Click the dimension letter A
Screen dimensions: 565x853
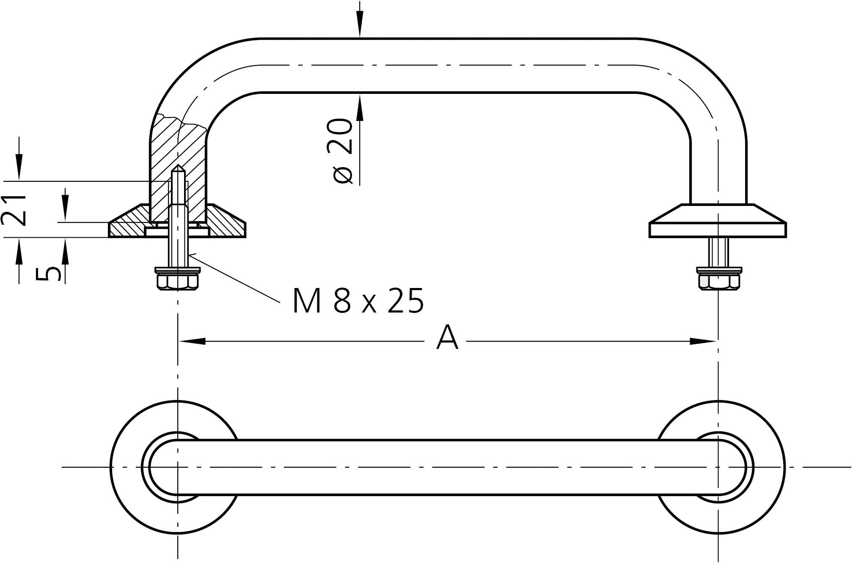[x=447, y=338]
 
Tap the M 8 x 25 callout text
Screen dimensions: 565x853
[x=358, y=301]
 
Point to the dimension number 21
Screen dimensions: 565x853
[x=14, y=210]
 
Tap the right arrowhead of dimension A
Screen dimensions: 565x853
[x=703, y=341]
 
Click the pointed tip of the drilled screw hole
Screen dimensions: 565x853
[x=178, y=167]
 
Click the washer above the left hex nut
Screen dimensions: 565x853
[x=178, y=269]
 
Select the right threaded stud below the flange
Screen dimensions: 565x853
[x=718, y=252]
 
